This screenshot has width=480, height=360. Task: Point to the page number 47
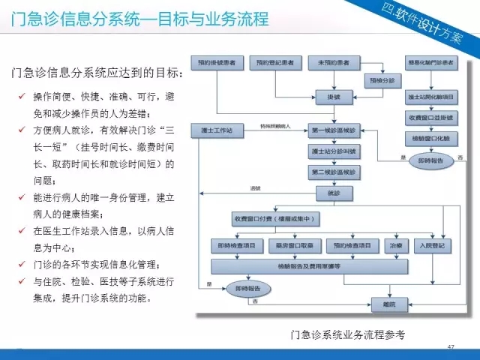click(451, 346)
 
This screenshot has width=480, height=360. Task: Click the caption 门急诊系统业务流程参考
click(347, 334)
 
